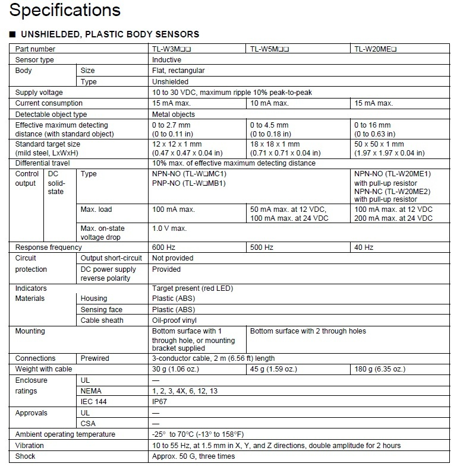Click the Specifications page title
[x=65, y=10]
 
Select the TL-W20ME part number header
[x=376, y=49]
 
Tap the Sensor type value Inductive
[x=167, y=60]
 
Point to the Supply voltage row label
[x=39, y=93]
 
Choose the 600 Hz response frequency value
[x=162, y=247]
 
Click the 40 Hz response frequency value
[x=364, y=247]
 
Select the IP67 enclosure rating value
[x=160, y=402]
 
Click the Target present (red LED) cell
[x=193, y=288]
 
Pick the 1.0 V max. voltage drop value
[x=169, y=228]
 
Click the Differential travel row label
[x=43, y=163]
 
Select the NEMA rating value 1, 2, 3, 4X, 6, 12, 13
[x=185, y=391]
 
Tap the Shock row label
[x=25, y=456]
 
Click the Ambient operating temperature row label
[x=65, y=434]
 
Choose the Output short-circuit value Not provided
[x=173, y=258]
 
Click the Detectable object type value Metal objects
[x=174, y=115]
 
